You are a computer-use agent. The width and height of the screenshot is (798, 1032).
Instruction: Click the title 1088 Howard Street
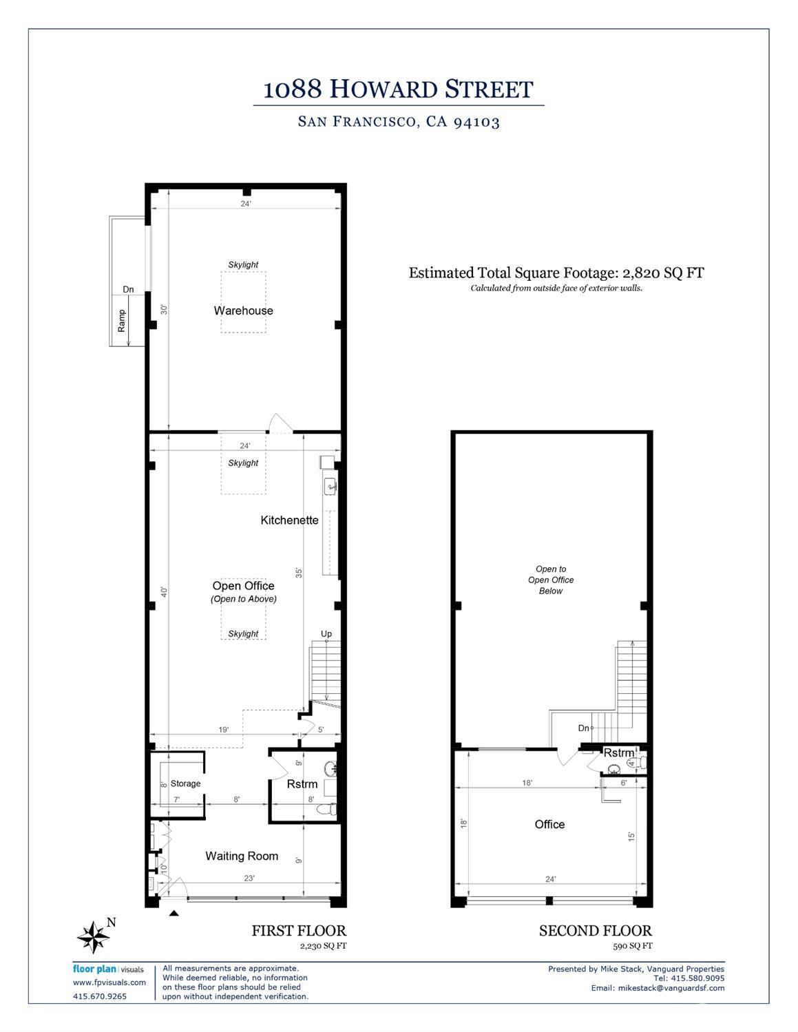[399, 89]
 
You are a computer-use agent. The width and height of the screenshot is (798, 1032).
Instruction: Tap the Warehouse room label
[243, 310]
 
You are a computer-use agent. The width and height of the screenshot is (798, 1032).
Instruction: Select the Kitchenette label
[289, 520]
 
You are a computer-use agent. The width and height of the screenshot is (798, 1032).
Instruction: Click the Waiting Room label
[242, 856]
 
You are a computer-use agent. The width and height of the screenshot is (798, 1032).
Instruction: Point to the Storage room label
[185, 783]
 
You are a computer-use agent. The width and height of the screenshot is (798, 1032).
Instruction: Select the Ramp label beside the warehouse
[122, 321]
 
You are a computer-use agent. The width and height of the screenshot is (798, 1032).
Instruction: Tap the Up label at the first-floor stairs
[326, 633]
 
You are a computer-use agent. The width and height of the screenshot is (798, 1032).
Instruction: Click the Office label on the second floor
[549, 824]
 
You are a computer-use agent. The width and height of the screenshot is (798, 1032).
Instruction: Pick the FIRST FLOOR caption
[298, 931]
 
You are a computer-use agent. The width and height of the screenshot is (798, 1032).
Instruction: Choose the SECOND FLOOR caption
[595, 931]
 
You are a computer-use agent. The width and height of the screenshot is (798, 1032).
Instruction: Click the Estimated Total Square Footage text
[556, 273]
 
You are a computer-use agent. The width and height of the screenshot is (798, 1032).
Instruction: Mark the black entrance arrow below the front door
[174, 914]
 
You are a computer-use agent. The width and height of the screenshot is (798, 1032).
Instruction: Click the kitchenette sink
[330, 486]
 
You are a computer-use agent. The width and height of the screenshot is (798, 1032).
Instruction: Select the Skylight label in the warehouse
[243, 264]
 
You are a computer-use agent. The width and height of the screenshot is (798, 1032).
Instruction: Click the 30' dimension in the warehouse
[162, 309]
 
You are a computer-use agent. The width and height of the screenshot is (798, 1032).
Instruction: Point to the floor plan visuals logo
[108, 969]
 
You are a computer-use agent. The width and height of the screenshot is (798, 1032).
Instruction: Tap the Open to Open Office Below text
[551, 580]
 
